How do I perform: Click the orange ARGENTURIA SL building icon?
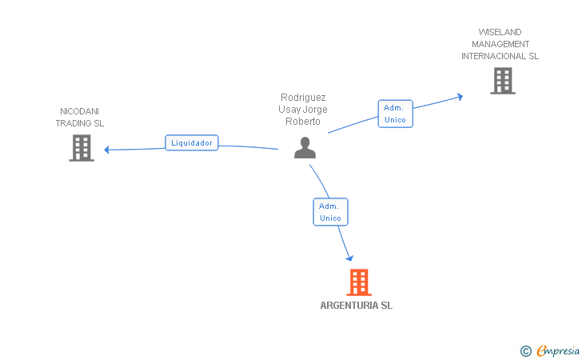click(x=359, y=282)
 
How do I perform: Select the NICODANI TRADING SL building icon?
click(x=82, y=148)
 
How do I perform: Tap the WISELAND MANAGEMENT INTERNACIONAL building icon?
click(x=502, y=81)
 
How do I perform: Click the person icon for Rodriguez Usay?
click(x=305, y=148)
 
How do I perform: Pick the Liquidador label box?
click(x=192, y=143)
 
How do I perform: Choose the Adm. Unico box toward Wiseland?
click(x=395, y=114)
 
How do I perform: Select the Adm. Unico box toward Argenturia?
click(x=330, y=212)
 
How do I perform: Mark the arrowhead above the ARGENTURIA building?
click(x=349, y=257)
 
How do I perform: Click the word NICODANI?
click(x=80, y=111)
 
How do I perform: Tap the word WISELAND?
click(x=500, y=32)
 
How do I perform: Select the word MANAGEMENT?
click(x=500, y=44)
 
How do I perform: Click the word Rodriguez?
click(x=303, y=98)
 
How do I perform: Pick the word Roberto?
click(x=303, y=122)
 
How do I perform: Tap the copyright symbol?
click(x=525, y=350)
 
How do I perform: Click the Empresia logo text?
click(x=557, y=350)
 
